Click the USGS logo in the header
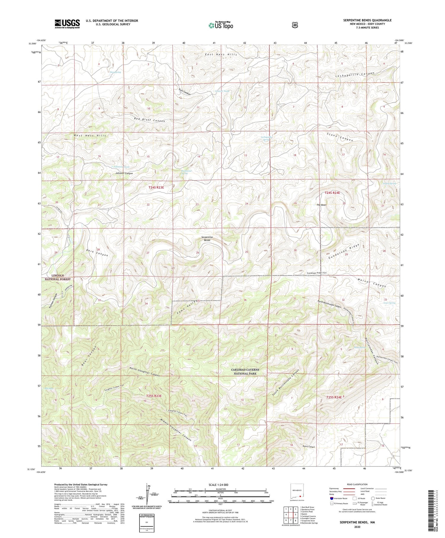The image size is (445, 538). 67,24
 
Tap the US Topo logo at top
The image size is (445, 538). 221,25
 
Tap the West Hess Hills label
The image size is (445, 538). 90,135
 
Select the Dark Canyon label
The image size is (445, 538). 97,253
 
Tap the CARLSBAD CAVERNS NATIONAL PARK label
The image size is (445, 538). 245,372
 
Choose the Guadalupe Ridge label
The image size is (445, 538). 344,251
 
